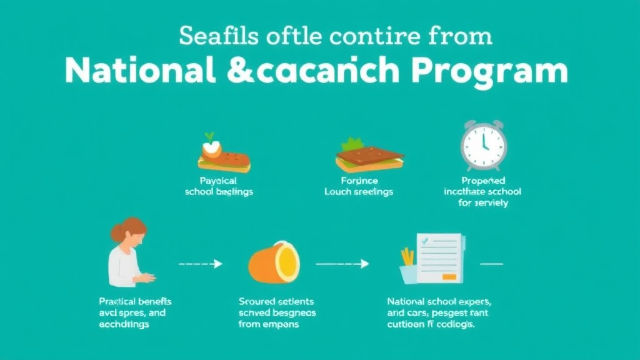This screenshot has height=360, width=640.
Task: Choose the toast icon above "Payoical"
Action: tap(224, 157)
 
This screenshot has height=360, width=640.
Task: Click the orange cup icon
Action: tap(274, 262)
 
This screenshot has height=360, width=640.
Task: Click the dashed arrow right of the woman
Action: tap(201, 264)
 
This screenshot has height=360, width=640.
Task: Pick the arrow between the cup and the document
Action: tap(342, 264)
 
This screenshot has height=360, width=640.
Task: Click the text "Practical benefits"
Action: tap(135, 301)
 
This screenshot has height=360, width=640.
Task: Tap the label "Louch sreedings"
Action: tap(358, 192)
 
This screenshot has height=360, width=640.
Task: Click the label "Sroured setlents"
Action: tap(277, 301)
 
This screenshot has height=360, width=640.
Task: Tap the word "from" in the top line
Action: tap(461, 36)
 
